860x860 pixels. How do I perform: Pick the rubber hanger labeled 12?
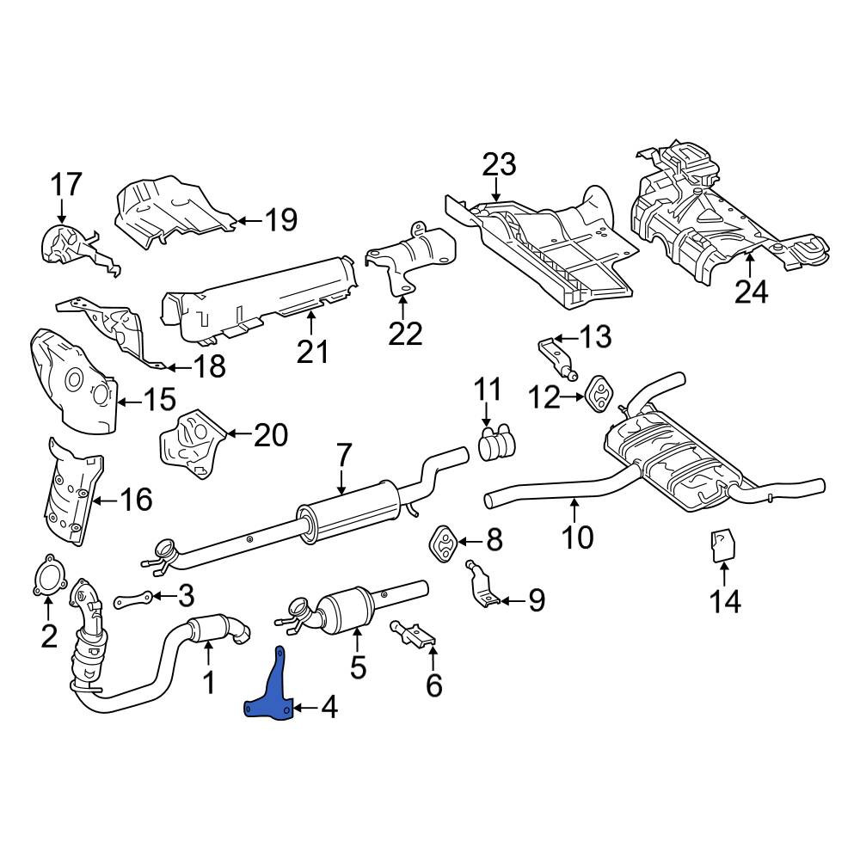599,393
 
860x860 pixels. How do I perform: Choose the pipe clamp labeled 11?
497,443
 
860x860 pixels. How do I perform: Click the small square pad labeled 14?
723,545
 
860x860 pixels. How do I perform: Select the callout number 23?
499,164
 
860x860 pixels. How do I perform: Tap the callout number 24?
752,292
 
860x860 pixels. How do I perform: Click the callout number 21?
312,352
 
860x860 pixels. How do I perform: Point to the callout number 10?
578,537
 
